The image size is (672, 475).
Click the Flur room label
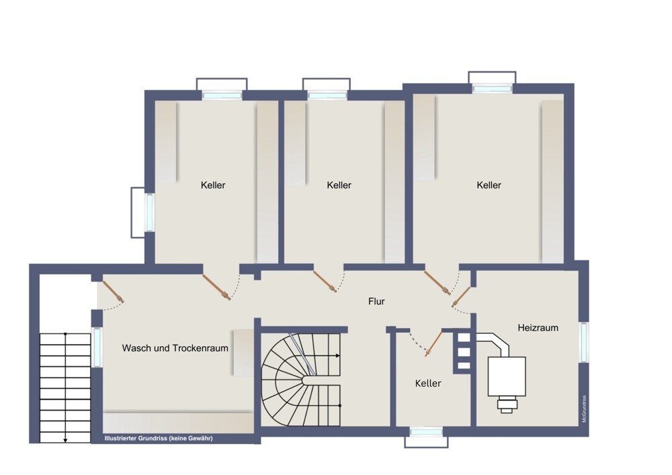[x=376, y=302]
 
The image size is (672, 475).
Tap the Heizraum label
[x=538, y=328]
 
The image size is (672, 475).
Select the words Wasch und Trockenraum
[x=175, y=348]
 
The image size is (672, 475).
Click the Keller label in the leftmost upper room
[x=213, y=185]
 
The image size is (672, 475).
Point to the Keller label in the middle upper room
[x=339, y=185]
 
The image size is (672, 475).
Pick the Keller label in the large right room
[x=489, y=185]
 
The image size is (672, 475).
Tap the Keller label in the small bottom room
[x=428, y=384]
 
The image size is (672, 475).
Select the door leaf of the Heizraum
[x=461, y=296]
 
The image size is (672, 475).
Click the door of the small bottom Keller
[x=433, y=343]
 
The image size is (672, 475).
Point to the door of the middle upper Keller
[x=325, y=281]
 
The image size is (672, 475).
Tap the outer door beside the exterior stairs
[x=113, y=292]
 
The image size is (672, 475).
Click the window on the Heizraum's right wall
[x=584, y=342]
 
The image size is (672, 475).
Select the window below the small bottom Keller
[x=426, y=432]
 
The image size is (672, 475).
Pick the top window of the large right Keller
[x=492, y=89]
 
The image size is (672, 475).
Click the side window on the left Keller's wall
[x=150, y=212]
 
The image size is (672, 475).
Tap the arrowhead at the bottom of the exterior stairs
[x=65, y=440]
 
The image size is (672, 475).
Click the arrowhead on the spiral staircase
[x=338, y=355]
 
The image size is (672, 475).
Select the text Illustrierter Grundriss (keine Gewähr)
[x=159, y=438]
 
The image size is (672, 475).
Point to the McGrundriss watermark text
[x=584, y=408]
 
